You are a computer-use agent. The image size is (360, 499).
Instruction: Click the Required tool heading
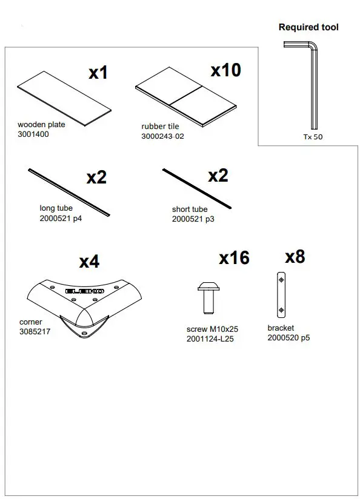click(308, 27)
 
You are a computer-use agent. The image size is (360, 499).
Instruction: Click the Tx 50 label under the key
click(313, 137)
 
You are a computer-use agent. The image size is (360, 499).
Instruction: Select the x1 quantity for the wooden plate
click(98, 73)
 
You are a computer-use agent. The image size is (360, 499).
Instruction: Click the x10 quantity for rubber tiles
click(225, 70)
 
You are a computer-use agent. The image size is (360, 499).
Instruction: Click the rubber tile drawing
click(184, 98)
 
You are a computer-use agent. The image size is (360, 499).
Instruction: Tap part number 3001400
click(33, 134)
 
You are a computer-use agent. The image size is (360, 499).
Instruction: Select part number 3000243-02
click(162, 136)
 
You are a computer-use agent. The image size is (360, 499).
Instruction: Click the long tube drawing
click(69, 192)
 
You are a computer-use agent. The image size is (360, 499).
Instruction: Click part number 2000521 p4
click(61, 218)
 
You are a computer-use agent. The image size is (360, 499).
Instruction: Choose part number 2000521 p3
click(193, 219)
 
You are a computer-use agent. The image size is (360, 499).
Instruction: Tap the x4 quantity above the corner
click(89, 262)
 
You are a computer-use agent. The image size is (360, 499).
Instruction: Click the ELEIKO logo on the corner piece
click(85, 292)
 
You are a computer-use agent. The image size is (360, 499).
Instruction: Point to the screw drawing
click(207, 297)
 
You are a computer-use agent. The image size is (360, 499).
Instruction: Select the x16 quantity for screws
click(234, 258)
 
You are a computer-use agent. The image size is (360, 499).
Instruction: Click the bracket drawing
click(280, 294)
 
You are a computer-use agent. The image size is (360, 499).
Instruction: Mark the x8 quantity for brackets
click(295, 257)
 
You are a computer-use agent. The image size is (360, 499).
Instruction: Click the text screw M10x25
click(212, 329)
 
